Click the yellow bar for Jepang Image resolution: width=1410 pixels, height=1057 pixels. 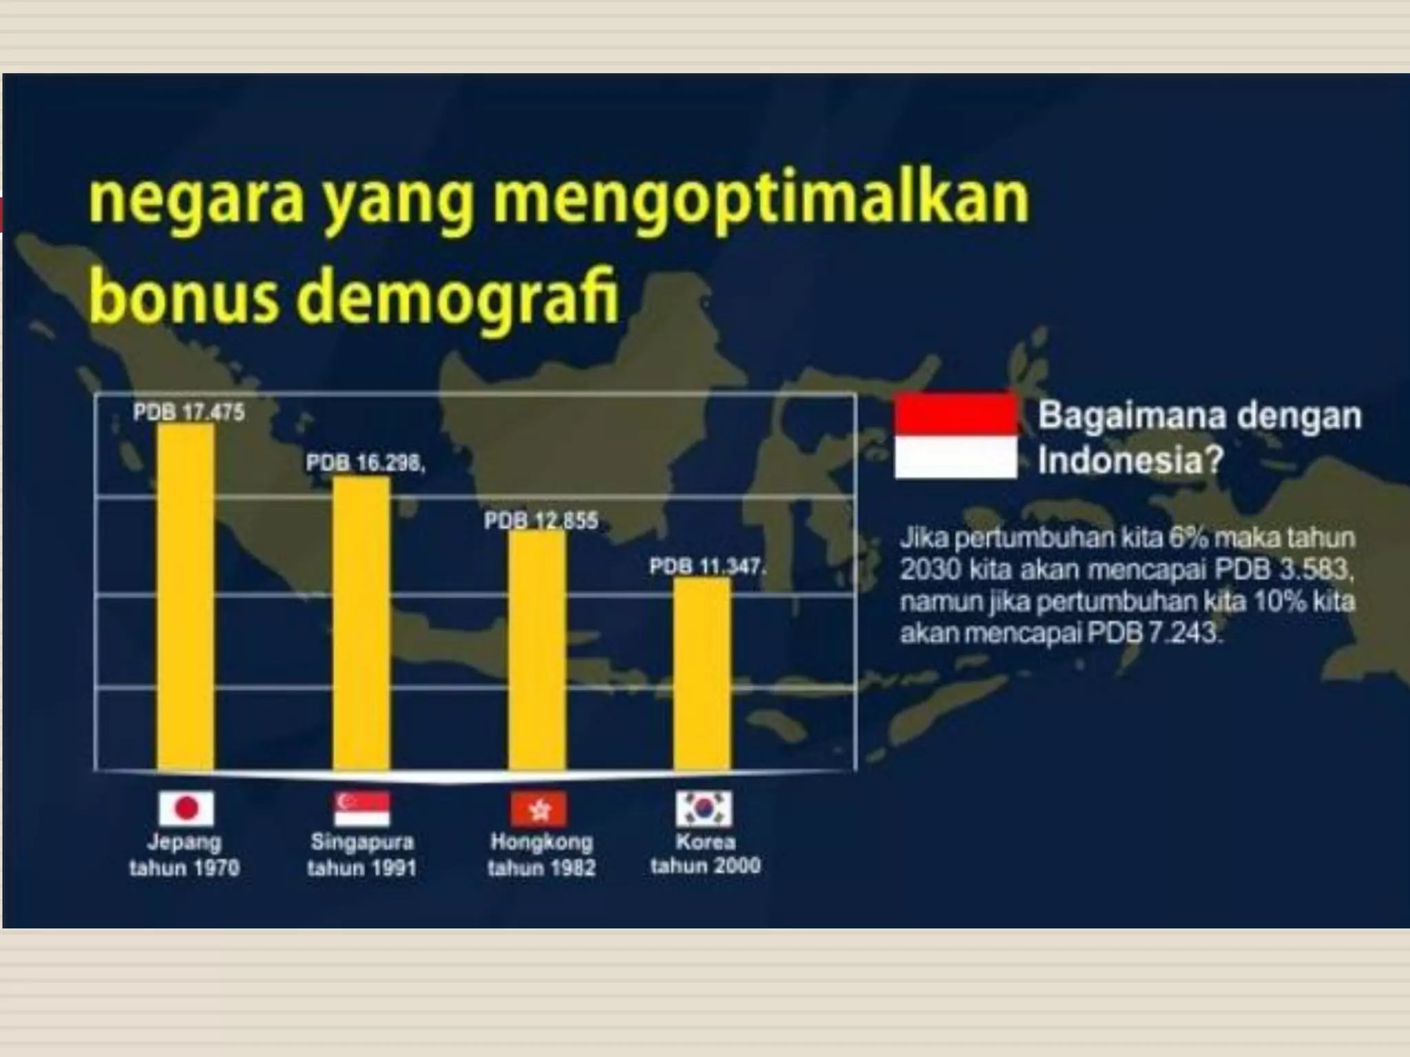[x=185, y=597]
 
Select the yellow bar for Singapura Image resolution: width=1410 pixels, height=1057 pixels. [x=361, y=623]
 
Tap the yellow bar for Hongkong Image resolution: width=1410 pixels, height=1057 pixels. [x=537, y=650]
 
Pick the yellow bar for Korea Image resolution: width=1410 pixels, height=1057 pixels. [x=702, y=674]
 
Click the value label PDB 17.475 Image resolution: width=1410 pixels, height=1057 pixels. [x=189, y=412]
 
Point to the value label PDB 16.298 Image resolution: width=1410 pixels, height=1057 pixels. [x=365, y=463]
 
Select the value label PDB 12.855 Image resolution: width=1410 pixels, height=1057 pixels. [x=540, y=521]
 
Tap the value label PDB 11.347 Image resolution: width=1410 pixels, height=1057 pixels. [x=706, y=567]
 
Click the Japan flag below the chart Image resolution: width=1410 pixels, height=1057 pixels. [x=186, y=808]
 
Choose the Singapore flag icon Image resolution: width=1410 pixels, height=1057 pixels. [x=362, y=808]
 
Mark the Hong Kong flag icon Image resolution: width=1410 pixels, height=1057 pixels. [x=539, y=809]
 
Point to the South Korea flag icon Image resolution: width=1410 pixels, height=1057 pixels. [x=704, y=808]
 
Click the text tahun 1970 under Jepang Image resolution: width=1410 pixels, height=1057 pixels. [x=185, y=868]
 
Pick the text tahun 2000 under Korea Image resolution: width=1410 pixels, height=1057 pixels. [x=706, y=865]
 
